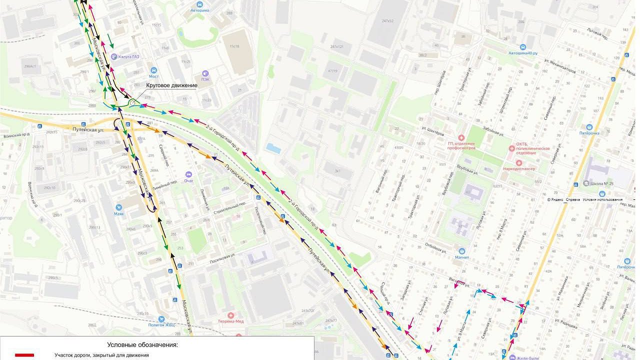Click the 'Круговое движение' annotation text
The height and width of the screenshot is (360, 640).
coord(171,85)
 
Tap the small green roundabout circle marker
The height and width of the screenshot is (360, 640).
coord(132,103)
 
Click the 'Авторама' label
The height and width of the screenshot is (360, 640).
coord(199,10)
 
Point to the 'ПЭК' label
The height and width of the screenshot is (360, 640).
coord(205,79)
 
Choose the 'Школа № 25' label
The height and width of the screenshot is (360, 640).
coord(601,183)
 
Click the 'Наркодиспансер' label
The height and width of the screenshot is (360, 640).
coord(519,169)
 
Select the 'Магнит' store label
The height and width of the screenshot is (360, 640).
coord(462,257)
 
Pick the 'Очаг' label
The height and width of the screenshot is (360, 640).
coord(188,180)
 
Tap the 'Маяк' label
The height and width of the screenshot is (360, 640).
coord(118,213)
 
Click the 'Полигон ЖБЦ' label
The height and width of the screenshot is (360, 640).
coord(162,324)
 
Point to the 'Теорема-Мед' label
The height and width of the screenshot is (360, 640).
coord(230,321)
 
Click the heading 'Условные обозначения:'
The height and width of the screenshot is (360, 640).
coord(142,345)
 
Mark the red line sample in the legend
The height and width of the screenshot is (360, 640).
coord(24,355)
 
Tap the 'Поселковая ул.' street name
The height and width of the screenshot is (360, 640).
coord(222,257)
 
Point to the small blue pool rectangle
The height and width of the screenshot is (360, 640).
coord(273,148)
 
